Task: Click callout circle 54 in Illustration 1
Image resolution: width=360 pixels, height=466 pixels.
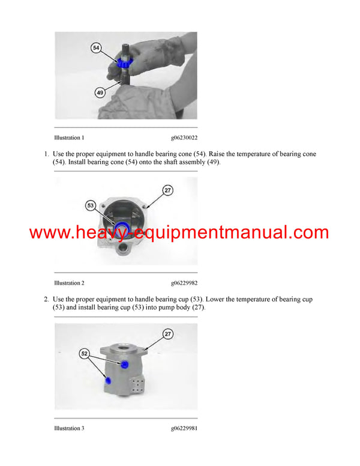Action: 95,47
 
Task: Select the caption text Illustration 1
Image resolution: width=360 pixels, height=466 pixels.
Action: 69,138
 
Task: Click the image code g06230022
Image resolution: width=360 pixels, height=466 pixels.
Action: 184,138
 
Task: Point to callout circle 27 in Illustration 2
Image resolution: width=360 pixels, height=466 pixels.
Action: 167,190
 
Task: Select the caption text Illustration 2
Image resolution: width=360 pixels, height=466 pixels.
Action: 69,283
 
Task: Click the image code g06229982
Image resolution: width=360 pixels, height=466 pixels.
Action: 184,283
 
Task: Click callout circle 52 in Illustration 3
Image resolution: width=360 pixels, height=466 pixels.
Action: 85,354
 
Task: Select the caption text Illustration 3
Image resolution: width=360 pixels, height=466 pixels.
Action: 69,428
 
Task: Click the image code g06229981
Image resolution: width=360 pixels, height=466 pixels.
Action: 184,428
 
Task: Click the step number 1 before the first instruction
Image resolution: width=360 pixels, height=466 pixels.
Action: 46,154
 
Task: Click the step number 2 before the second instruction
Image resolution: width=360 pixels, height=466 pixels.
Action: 46,299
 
